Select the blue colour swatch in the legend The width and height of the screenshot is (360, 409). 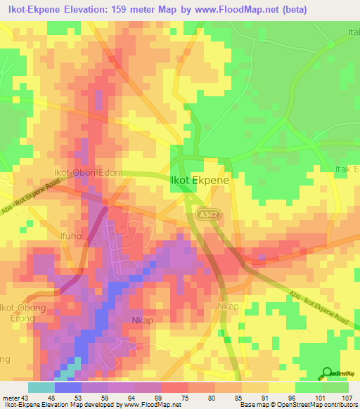click(x=67, y=387)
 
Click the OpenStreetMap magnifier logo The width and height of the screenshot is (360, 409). click(x=326, y=372)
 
